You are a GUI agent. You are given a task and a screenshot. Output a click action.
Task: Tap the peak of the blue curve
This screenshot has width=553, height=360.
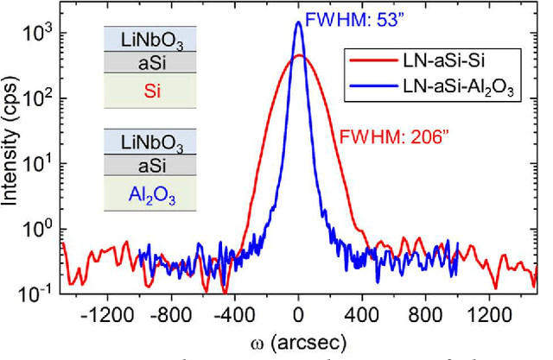299,23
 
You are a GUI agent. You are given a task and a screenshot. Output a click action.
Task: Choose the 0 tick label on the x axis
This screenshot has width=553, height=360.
299,316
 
